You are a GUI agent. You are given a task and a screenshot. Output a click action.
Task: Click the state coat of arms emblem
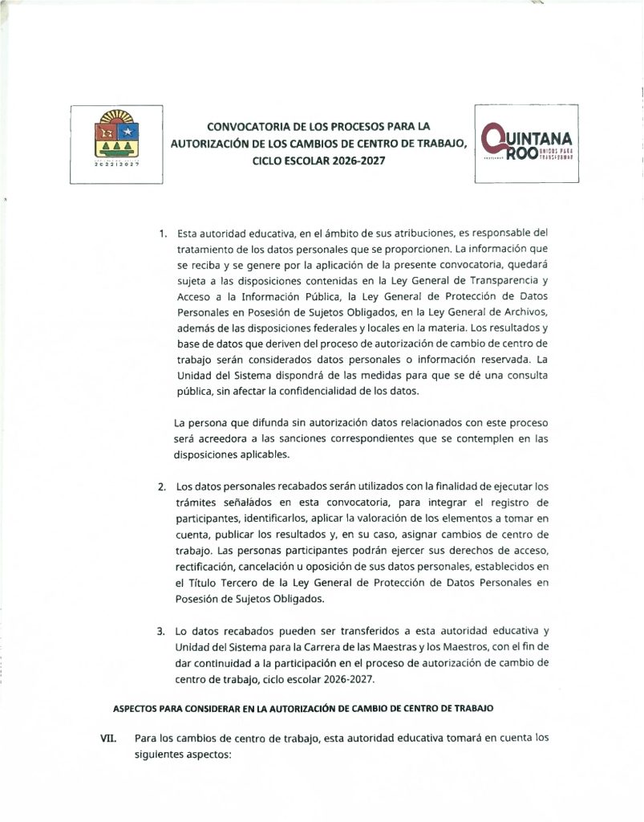[117, 136]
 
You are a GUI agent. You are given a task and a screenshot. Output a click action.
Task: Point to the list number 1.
[162, 234]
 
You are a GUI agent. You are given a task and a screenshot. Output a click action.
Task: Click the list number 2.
[162, 487]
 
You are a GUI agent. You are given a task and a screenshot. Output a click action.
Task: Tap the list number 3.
[162, 631]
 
